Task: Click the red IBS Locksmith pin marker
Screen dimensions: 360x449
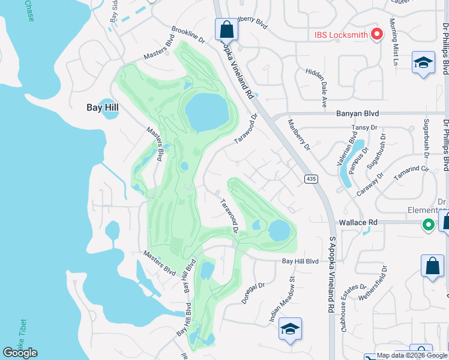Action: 377,35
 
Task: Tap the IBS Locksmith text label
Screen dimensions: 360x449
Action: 341,35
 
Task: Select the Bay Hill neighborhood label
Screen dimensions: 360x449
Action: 102,107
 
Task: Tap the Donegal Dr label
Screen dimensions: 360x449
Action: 253,293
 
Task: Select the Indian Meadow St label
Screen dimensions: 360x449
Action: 284,299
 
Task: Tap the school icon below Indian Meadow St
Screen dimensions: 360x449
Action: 290,329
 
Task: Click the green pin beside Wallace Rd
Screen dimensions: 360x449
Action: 428,226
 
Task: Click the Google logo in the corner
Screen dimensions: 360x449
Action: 20,353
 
